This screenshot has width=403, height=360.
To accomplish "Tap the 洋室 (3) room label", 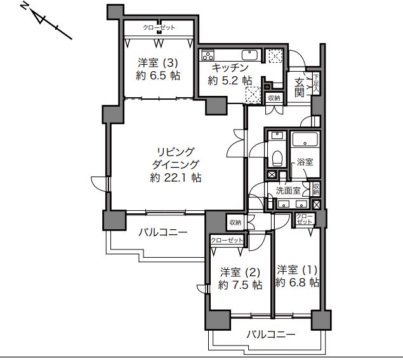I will pos(159,63).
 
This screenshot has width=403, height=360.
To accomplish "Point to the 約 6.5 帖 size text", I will pos(158,76).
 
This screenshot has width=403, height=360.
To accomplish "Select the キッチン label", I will pos(230,67).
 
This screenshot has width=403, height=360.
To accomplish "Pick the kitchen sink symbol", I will pos(249,54).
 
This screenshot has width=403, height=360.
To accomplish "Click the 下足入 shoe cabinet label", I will pos(317,83).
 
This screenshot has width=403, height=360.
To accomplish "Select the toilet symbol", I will pos(277,156).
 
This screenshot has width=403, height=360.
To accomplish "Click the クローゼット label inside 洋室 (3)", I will pos(159,28).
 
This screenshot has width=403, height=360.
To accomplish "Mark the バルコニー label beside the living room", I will pos(164,232).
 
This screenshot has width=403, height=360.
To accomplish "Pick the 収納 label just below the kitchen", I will pos(274,98).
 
